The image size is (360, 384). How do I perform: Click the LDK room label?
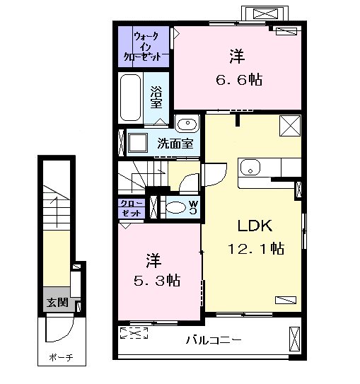[255, 226]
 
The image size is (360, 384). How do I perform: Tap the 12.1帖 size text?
[256, 248]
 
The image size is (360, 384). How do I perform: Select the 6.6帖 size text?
[239, 79]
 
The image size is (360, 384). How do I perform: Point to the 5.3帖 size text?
[157, 280]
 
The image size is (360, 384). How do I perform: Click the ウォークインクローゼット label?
[144, 47]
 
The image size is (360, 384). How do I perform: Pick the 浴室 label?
[156, 97]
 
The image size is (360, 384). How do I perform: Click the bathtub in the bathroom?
[131, 98]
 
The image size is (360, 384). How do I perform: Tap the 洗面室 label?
[175, 144]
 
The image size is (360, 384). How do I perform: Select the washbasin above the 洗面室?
[187, 123]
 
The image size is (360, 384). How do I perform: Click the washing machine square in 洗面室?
[138, 142]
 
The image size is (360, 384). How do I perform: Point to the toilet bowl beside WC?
[176, 207]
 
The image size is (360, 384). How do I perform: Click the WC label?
[194, 207]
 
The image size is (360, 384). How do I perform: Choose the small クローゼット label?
[132, 208]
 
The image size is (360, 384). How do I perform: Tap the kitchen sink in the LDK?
[250, 168]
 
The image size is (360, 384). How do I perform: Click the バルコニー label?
[214, 340]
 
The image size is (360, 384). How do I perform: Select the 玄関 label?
[58, 303]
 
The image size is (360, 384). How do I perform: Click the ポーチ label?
[62, 358]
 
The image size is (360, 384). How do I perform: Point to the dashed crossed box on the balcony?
[134, 333]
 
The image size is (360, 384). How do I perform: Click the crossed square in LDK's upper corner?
[290, 126]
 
